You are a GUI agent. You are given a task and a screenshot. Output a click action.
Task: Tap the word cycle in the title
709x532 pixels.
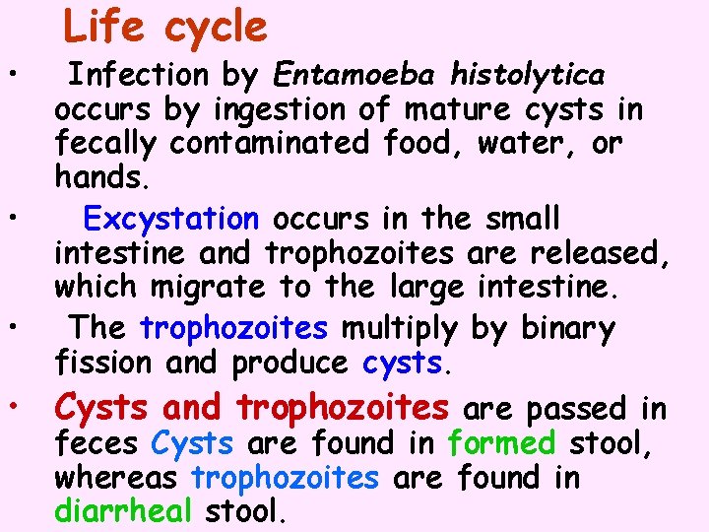[x=216, y=28]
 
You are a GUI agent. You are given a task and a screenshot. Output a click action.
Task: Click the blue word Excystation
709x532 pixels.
[x=171, y=217]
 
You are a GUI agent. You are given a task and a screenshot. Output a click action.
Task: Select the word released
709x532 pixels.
[x=600, y=253]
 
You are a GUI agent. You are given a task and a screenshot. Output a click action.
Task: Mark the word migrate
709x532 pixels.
[x=208, y=289]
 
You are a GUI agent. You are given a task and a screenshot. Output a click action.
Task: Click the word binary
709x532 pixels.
[x=561, y=326]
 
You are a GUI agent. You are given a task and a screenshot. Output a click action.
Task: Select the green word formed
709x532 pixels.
[x=501, y=442]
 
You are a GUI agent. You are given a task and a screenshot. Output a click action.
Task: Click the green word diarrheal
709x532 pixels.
[x=124, y=513]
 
